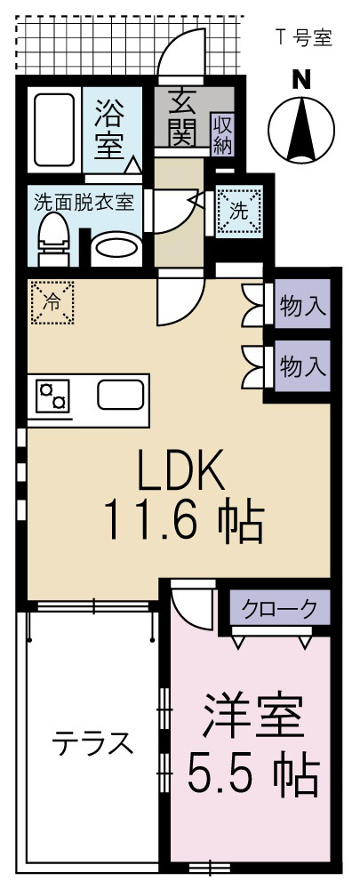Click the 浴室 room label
click(110, 128)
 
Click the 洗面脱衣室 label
click(84, 201)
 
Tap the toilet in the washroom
click(53, 238)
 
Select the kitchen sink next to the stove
click(122, 394)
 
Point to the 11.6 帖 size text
click(184, 522)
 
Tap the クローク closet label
click(280, 609)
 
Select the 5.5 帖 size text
click(253, 775)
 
